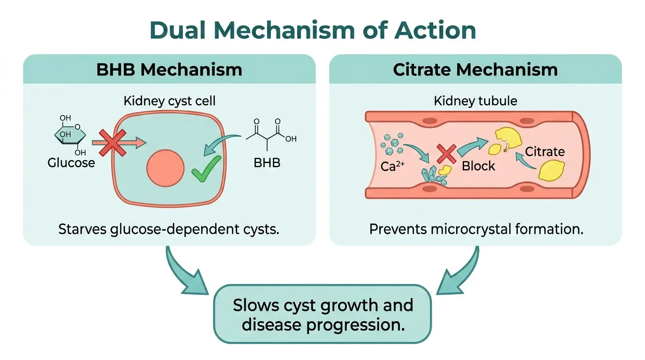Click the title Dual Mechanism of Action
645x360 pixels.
pyautogui.click(x=313, y=30)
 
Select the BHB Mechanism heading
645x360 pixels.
pyautogui.click(x=169, y=69)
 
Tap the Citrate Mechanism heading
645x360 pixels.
pyautogui.click(x=475, y=69)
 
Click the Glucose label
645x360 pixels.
pyautogui.click(x=71, y=163)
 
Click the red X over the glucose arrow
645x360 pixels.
pyautogui.click(x=112, y=143)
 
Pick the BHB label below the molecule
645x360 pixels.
pyautogui.click(x=267, y=163)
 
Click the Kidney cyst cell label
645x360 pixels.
pyautogui.click(x=169, y=100)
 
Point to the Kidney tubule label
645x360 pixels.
pyautogui.click(x=475, y=100)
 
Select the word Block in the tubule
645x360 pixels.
pyautogui.click(x=478, y=166)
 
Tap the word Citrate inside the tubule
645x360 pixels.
pyautogui.click(x=545, y=151)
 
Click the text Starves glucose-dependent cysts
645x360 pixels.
pyautogui.click(x=169, y=229)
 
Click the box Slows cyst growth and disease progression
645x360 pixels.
pyautogui.click(x=323, y=315)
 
